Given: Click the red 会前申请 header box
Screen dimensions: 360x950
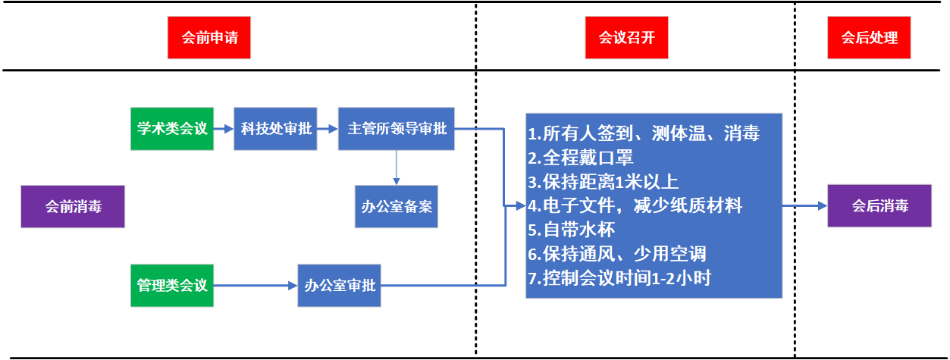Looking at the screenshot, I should tap(209, 38).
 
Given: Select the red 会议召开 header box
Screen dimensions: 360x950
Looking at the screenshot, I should tap(626, 38).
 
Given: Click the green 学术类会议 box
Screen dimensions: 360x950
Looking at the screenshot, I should tap(172, 129).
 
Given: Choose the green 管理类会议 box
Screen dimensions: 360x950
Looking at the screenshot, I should tap(172, 286).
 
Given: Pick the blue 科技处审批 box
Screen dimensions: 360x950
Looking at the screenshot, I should tap(275, 129).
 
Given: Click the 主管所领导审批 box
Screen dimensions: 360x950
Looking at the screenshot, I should tap(397, 129).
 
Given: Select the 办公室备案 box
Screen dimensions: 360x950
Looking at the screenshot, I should tap(397, 206).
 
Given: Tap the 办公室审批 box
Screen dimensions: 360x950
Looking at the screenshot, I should tap(340, 286).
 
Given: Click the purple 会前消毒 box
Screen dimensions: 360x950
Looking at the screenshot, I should tap(73, 206).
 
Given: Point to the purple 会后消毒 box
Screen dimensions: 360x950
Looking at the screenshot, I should tap(879, 205).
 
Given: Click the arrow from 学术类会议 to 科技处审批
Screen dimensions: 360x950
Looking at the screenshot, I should tap(224, 129).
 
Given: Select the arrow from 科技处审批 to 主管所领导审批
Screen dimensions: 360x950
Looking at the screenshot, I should tap(328, 129).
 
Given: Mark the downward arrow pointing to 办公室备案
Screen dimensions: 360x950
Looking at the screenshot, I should tap(397, 167).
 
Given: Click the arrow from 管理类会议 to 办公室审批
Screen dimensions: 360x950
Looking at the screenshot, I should tap(256, 286).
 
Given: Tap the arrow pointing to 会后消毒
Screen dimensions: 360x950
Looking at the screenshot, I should tap(804, 205).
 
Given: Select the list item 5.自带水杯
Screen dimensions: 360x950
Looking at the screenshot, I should tap(571, 230).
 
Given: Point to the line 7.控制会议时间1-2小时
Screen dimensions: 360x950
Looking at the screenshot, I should tap(619, 277).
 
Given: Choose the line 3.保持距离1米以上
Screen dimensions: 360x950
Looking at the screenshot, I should tap(603, 182).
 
